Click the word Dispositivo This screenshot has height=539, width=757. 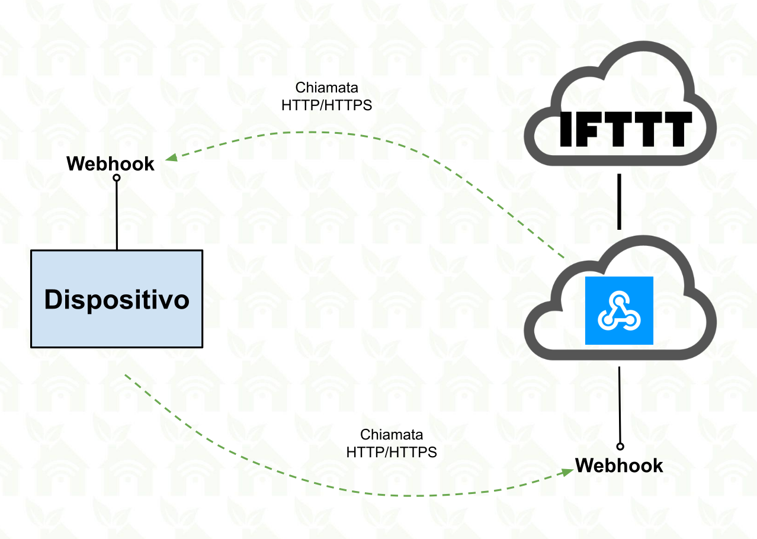click(x=117, y=300)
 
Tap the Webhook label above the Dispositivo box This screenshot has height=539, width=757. click(x=110, y=163)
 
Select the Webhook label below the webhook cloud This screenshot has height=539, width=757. click(x=619, y=466)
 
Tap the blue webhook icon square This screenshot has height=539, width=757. click(x=619, y=310)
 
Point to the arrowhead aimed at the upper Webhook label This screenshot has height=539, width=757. click(x=171, y=158)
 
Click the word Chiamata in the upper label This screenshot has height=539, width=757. click(x=326, y=88)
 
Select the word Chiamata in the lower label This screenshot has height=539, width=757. click(x=392, y=435)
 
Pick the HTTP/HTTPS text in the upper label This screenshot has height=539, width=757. click(x=326, y=105)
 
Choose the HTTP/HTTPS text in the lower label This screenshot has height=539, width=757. click(x=392, y=452)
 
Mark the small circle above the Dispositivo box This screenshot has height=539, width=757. click(x=117, y=178)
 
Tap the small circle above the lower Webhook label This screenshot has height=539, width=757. click(x=620, y=446)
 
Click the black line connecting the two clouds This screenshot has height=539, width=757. click(x=619, y=201)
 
